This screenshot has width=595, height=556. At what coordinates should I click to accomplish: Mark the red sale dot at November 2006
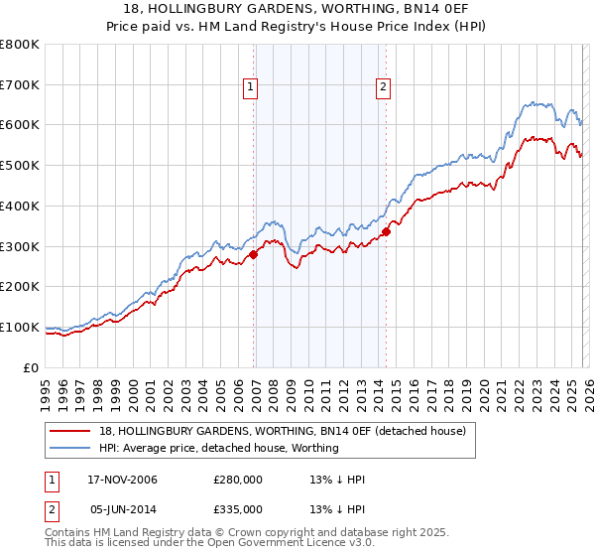point(254,254)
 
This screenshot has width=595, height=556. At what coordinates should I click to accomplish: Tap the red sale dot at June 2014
point(386,232)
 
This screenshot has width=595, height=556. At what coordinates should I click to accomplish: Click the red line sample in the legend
point(71,431)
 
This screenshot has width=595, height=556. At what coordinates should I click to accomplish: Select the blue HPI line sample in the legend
point(71,448)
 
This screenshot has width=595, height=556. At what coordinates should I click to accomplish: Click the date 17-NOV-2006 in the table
point(121,480)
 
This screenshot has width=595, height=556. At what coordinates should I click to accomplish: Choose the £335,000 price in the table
point(238,509)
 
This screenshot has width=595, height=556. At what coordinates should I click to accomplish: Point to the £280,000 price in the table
point(238,480)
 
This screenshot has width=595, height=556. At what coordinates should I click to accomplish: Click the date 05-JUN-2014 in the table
point(121,509)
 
